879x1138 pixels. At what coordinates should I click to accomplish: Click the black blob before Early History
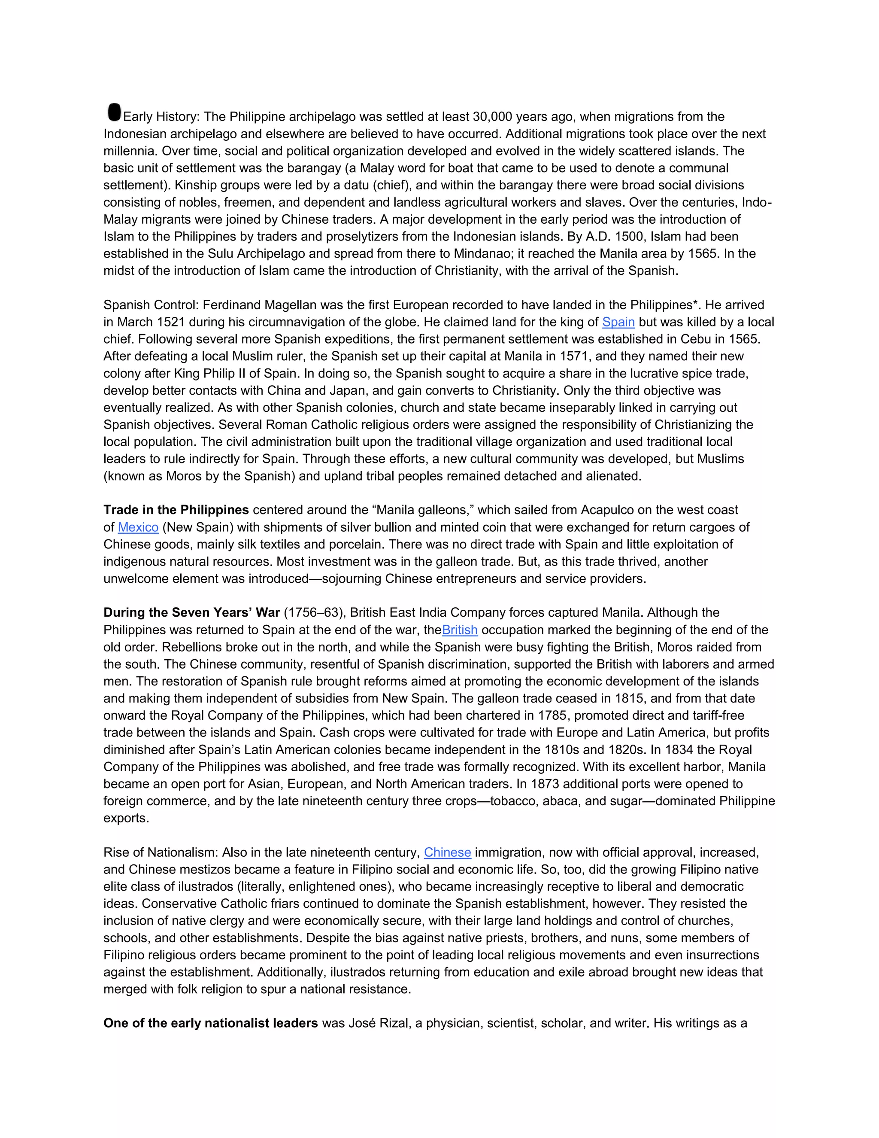113,112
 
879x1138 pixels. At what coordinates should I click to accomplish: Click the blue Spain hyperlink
618,322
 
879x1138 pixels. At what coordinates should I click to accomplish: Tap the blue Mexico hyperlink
138,527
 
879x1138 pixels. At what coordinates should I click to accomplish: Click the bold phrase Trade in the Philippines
176,510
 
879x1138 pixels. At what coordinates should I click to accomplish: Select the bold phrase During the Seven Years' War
191,613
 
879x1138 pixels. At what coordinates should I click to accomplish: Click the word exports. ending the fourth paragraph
126,818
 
